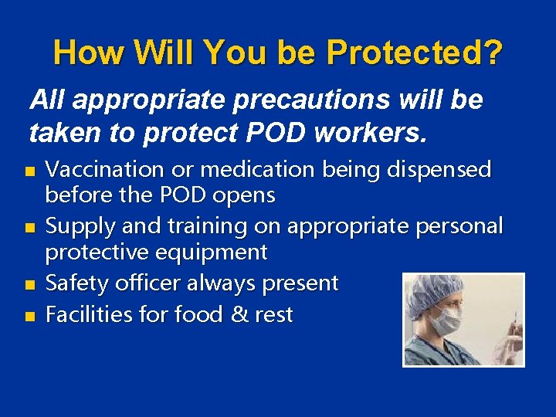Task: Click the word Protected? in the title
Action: pyautogui.click(x=415, y=53)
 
